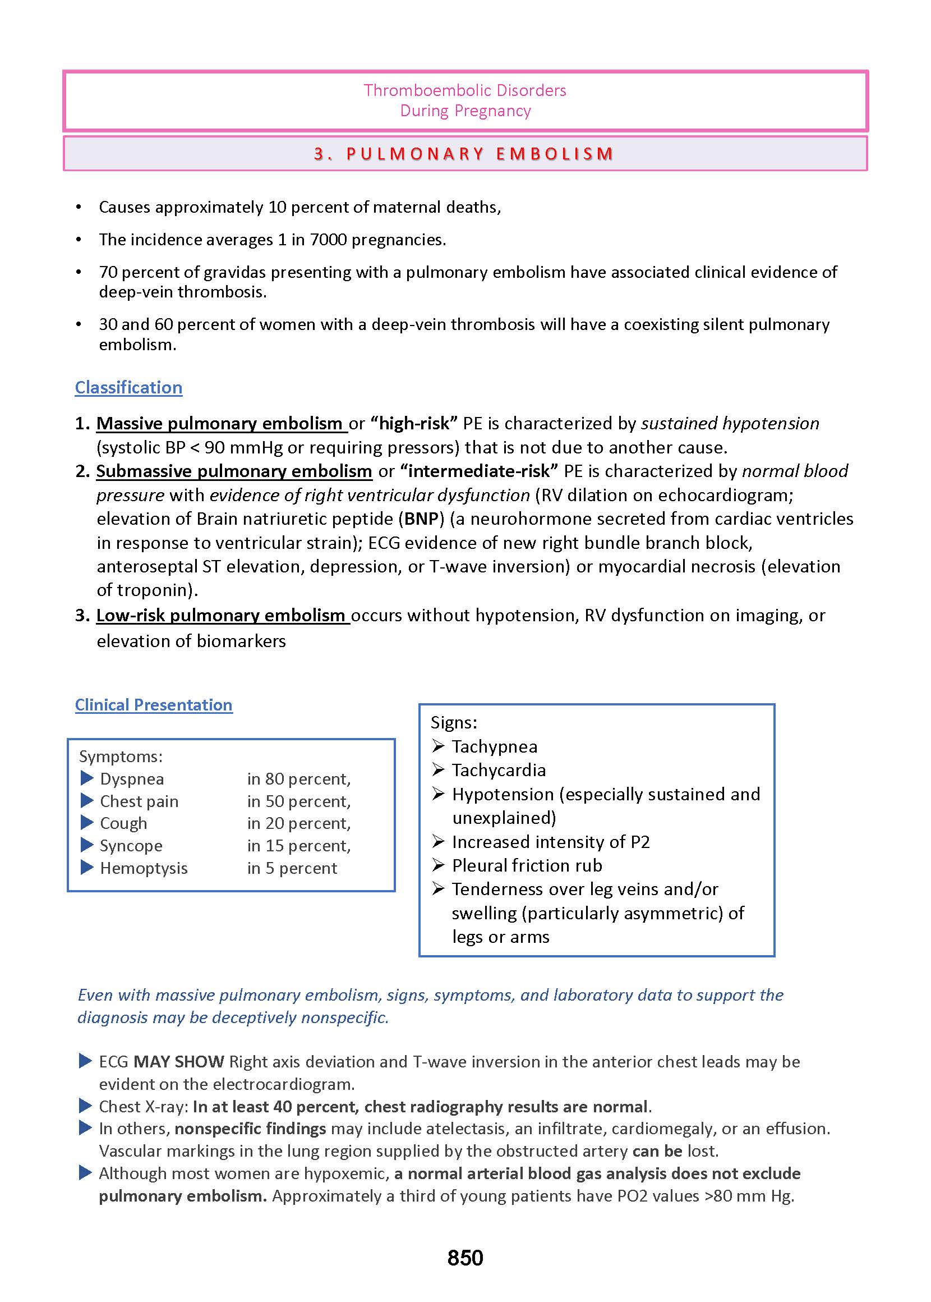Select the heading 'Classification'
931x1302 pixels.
click(x=128, y=388)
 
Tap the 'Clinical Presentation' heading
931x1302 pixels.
click(x=154, y=704)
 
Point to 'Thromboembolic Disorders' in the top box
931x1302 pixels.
click(x=465, y=90)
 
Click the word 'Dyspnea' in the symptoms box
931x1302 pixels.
click(x=132, y=779)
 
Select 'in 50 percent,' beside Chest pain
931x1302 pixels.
click(x=299, y=801)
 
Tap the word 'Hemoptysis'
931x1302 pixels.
click(x=144, y=868)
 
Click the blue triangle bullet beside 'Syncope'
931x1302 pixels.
click(x=87, y=845)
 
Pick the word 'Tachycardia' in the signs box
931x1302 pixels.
click(x=499, y=771)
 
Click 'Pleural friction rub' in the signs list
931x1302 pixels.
click(x=527, y=865)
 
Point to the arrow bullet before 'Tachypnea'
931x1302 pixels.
click(x=439, y=746)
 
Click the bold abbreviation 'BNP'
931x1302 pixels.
click(x=421, y=519)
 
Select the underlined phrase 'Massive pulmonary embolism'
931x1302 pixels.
click(x=219, y=423)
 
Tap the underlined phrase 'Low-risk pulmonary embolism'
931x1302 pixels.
click(x=221, y=616)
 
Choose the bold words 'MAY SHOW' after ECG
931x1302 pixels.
click(x=178, y=1062)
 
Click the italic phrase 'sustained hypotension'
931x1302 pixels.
click(x=730, y=423)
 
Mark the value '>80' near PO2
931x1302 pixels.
click(x=718, y=1196)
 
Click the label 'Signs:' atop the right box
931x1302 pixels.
click(x=454, y=723)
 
